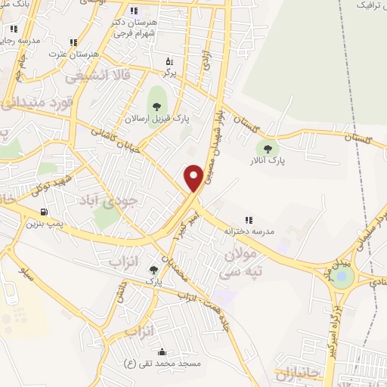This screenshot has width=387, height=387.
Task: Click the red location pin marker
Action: (193, 178)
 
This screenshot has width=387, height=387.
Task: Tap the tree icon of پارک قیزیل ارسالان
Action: (157, 106)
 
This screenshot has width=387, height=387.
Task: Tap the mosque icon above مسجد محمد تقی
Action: (161, 351)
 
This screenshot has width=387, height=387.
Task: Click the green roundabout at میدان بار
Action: (342, 277)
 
